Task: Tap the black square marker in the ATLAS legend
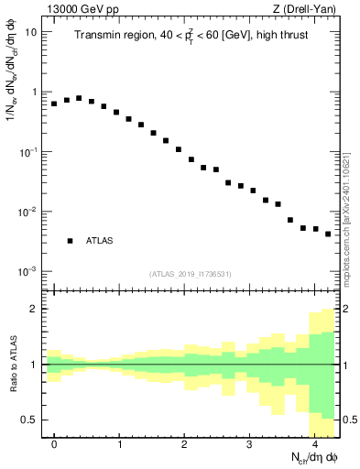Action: coord(70,241)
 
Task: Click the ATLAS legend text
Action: coord(100,241)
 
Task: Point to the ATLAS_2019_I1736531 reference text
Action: coord(191,274)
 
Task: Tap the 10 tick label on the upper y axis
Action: coord(30,32)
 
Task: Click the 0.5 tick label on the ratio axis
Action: coord(28,420)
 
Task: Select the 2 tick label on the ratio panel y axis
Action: coord(33,309)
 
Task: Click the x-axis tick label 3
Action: coord(249,443)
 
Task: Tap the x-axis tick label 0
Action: coord(54,443)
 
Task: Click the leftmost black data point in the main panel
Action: coord(54,104)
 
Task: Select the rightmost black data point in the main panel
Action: coord(328,234)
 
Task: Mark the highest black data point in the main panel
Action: coord(79,98)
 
